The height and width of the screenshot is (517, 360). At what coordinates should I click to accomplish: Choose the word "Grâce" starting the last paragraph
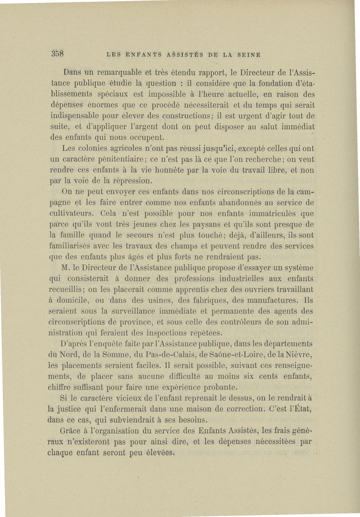(x=72, y=431)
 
